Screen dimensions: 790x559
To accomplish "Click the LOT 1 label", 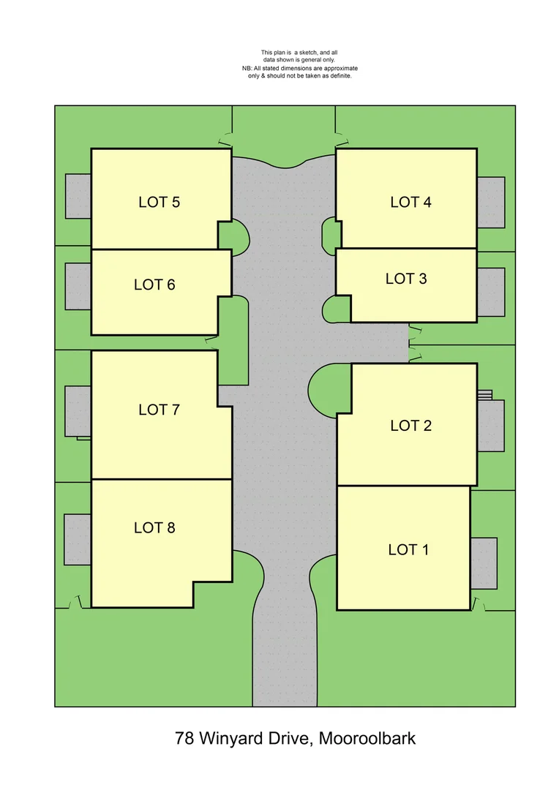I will point(408,549).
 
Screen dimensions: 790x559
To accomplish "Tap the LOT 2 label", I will point(410,426).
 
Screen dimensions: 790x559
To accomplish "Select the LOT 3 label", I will point(406,279).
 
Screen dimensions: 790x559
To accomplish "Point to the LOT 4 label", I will point(410,202).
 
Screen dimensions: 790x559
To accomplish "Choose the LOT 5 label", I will point(159,202).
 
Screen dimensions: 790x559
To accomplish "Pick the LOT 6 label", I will point(154,285).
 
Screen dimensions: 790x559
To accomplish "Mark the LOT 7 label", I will point(159,410).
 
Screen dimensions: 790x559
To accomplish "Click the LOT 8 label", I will point(154,527).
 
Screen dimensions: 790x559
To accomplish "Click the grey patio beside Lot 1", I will point(484,563).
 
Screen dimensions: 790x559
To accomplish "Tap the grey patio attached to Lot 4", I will point(490,201).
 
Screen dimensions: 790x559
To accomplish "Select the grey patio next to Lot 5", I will point(78,195).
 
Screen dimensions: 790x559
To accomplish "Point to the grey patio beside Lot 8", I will point(78,539).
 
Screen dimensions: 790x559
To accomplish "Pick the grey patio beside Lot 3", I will point(491,292).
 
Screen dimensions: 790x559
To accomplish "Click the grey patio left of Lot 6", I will point(78,285).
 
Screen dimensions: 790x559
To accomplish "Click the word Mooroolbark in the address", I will point(368,738).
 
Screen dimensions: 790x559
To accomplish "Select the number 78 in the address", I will point(184,738).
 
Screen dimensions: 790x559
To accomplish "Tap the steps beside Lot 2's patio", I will point(484,395).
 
